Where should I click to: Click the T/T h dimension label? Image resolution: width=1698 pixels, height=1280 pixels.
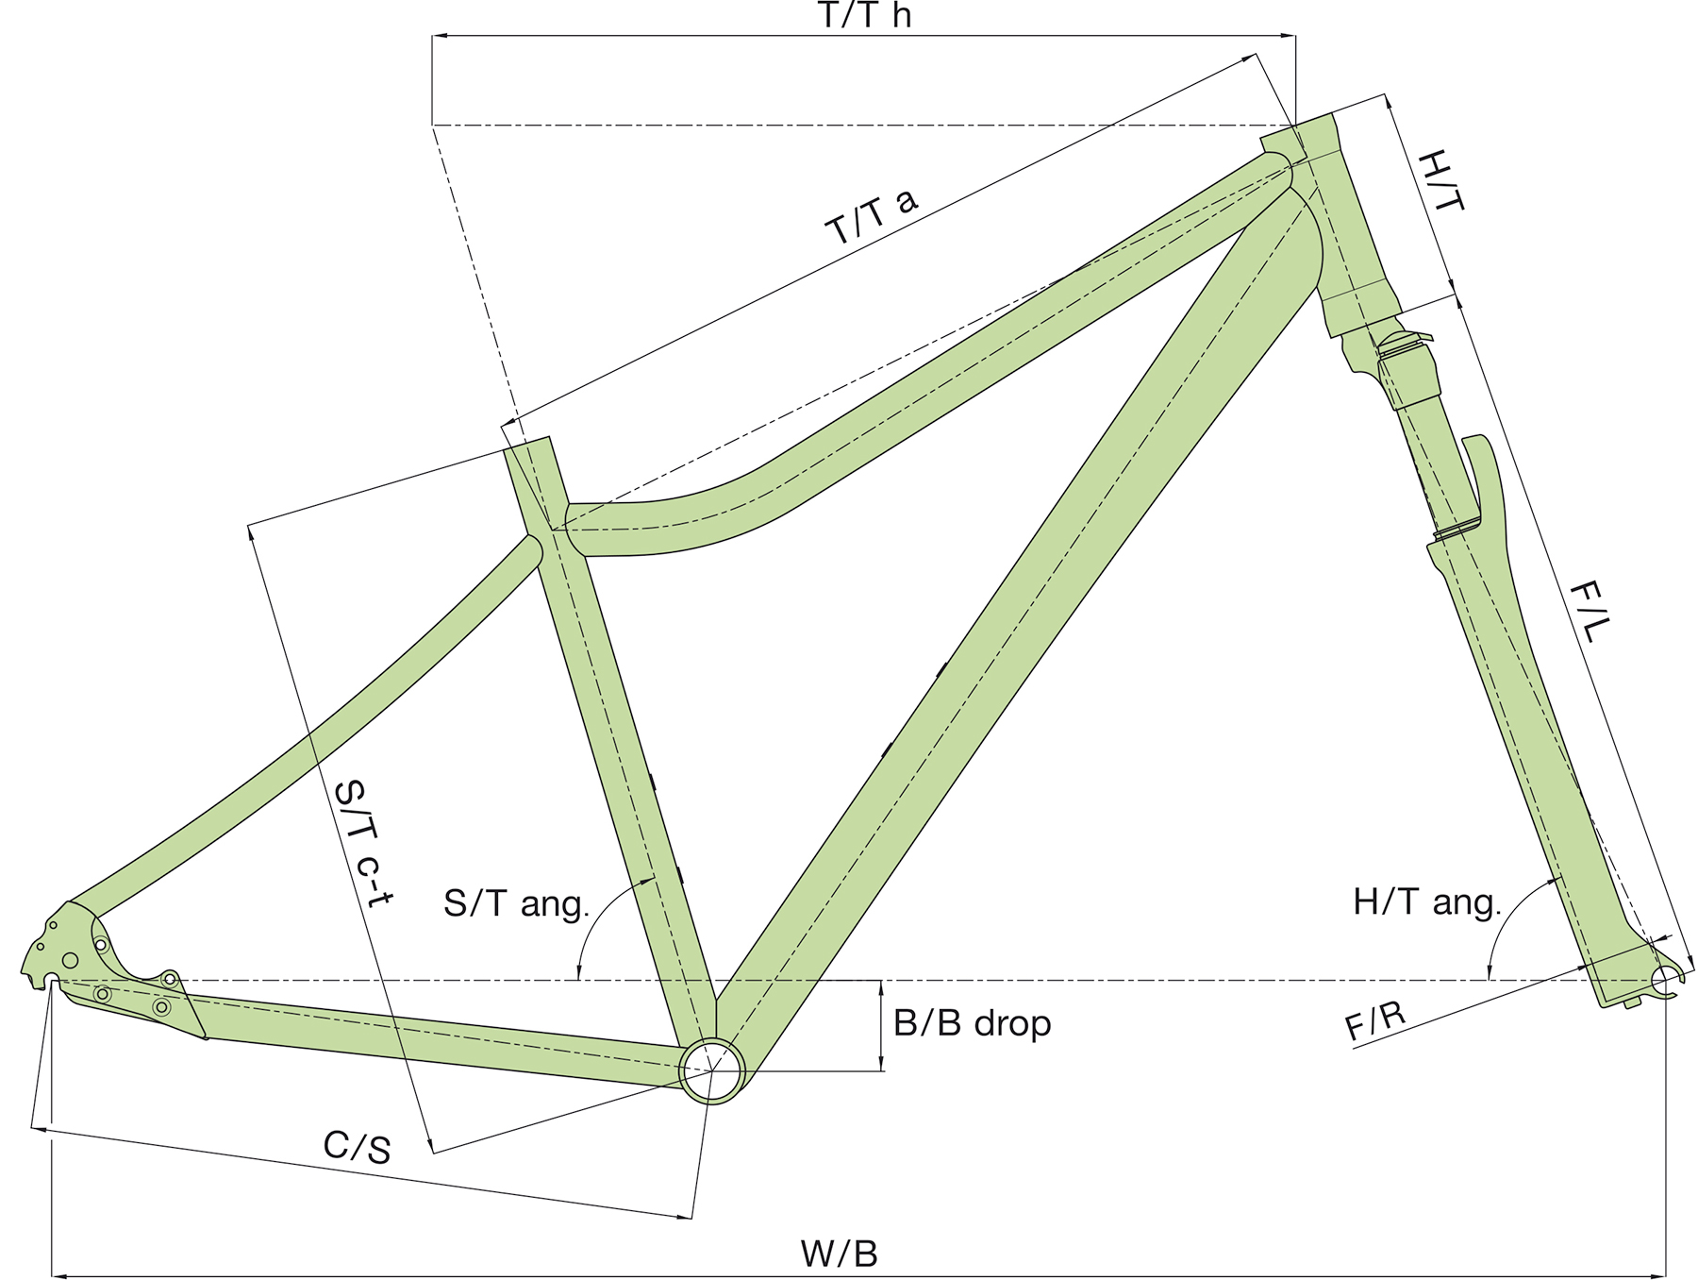[864, 15]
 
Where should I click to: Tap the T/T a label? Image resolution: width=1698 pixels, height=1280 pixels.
[871, 216]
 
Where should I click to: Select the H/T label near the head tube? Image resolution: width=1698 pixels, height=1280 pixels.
[1441, 181]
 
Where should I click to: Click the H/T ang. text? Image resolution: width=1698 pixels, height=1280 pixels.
[1426, 902]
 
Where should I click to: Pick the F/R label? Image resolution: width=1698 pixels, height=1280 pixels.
[1375, 1020]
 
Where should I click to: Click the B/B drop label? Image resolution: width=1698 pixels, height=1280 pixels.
[972, 1023]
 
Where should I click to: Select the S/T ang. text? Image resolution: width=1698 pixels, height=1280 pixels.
[516, 903]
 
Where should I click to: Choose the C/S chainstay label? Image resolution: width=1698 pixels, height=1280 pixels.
[357, 1147]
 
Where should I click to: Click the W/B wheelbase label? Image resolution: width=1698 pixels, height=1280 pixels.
[839, 1254]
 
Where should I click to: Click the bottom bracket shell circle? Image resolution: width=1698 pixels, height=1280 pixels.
[712, 1070]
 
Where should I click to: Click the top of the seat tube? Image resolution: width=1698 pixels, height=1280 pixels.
[527, 446]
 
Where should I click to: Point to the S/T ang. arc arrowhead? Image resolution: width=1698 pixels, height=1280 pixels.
[579, 971]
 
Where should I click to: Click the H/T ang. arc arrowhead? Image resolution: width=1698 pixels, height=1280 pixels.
[1490, 971]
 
